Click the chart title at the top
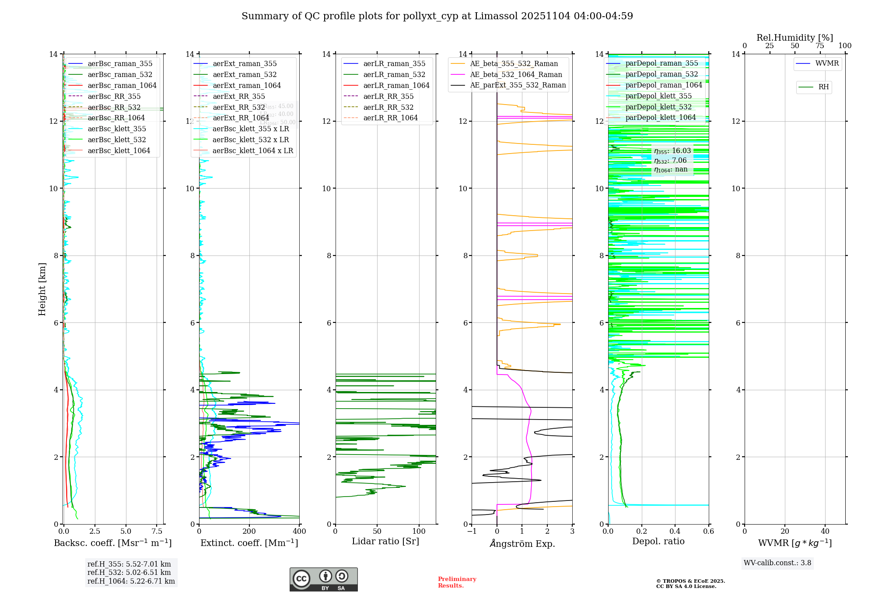tap(437, 16)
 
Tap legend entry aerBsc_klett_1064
tap(119, 151)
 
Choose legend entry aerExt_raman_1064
tap(247, 86)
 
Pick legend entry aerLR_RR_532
tap(388, 108)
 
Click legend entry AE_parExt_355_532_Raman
tap(518, 85)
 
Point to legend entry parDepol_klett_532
tap(658, 107)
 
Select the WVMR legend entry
tap(827, 64)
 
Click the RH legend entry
tap(823, 87)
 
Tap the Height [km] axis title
tap(42, 289)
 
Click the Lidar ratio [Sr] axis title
tap(385, 542)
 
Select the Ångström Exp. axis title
tap(522, 543)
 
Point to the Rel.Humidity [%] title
tap(794, 38)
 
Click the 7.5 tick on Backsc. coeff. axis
tap(157, 532)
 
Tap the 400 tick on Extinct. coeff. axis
tap(299, 532)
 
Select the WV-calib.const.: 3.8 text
tap(777, 563)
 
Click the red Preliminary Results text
tap(457, 582)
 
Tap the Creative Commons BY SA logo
tap(323, 580)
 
